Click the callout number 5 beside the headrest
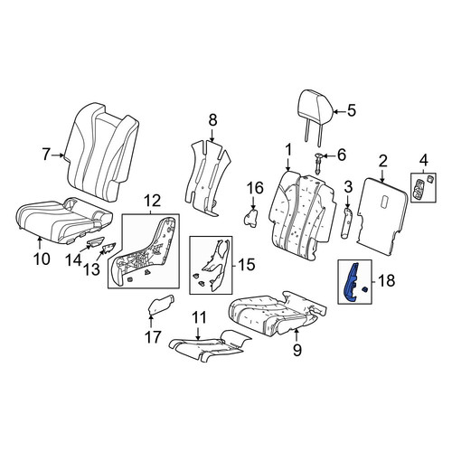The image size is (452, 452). tap(351, 110)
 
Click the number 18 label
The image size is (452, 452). tap(386, 281)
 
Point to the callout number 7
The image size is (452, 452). tap(45, 155)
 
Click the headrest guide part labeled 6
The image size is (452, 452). tap(319, 164)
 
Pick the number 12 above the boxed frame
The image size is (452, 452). tap(153, 202)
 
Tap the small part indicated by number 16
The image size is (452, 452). tap(250, 218)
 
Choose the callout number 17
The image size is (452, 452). tap(153, 336)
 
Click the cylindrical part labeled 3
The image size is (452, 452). tap(347, 223)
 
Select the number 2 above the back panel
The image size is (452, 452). tap(382, 162)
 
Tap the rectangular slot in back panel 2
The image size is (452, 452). tap(385, 202)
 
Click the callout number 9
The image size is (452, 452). tap(297, 350)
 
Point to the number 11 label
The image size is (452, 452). tap(200, 317)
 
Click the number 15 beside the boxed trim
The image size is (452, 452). tap(247, 265)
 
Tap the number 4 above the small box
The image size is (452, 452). tap(424, 160)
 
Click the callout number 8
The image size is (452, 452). tap(212, 120)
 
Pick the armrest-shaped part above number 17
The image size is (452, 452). tap(162, 305)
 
